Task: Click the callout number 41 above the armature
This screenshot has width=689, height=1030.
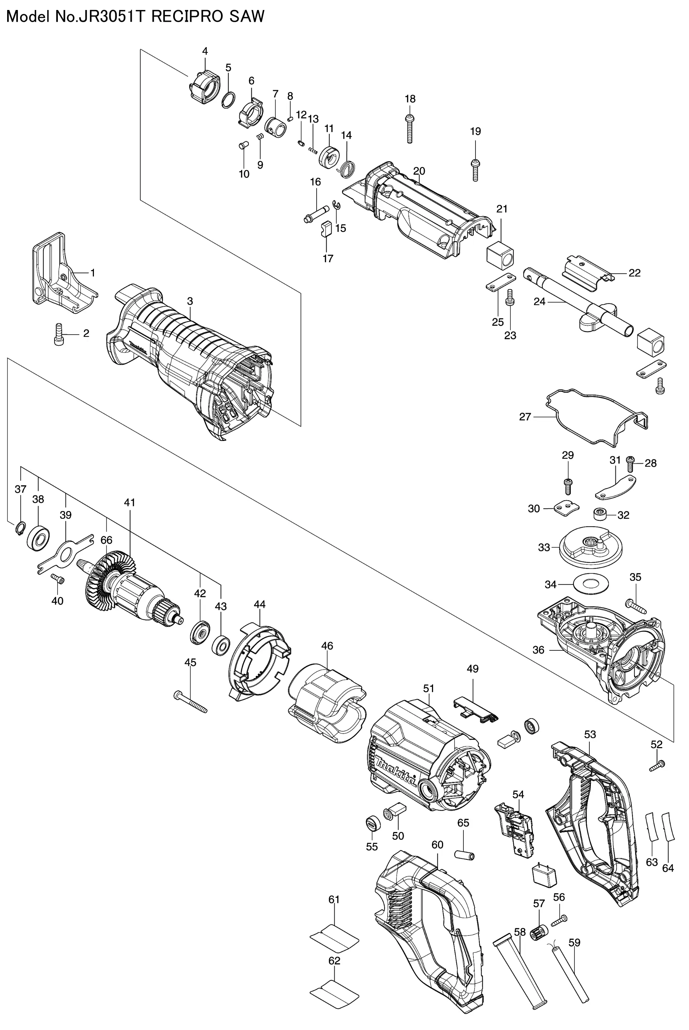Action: (x=129, y=502)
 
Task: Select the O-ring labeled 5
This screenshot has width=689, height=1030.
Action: (x=228, y=101)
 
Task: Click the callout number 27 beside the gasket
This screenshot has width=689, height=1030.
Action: (x=525, y=417)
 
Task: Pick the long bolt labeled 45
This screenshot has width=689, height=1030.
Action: (x=190, y=702)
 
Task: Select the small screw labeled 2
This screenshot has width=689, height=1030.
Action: (x=59, y=335)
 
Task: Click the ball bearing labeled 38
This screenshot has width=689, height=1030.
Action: (x=38, y=537)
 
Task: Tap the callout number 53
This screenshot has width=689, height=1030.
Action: (x=590, y=734)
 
